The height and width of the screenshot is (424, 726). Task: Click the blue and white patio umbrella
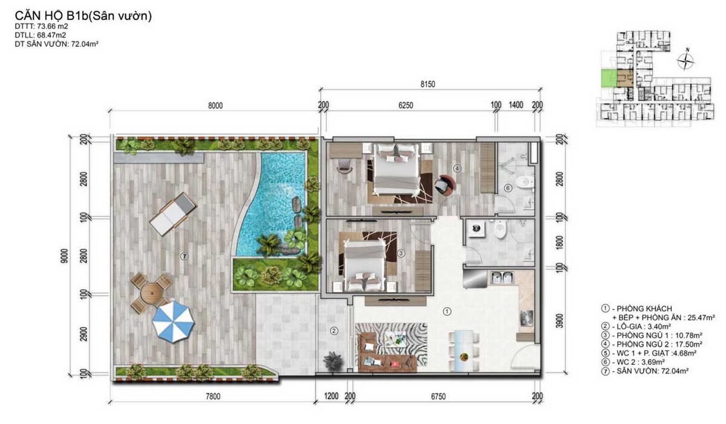click(173, 321)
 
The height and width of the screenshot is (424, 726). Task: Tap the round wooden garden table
click(151, 293)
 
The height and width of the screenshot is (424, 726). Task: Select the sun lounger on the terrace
click(173, 214)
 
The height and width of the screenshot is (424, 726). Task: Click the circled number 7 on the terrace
click(184, 256)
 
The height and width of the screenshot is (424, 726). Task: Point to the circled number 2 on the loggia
click(334, 331)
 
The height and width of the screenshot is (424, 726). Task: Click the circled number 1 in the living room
click(447, 311)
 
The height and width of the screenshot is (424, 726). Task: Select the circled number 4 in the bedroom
click(457, 168)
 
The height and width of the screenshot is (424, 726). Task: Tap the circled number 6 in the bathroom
click(508, 188)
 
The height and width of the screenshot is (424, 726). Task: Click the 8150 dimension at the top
click(428, 84)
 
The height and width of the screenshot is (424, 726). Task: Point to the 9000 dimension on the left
click(64, 256)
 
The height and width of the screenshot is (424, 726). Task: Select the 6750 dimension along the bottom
click(438, 396)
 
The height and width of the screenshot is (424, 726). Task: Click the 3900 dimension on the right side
click(560, 320)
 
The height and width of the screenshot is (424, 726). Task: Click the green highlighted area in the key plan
click(609, 78)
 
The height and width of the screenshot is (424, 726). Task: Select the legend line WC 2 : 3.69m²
click(633, 362)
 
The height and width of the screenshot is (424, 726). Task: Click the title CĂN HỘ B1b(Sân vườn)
click(83, 16)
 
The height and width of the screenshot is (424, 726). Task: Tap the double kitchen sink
click(502, 278)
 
